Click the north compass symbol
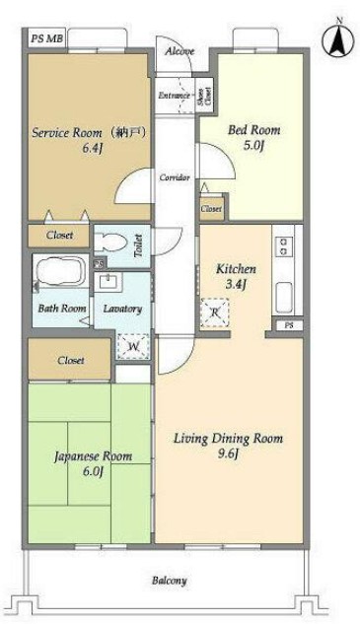[x=335, y=39]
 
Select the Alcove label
[x=180, y=51]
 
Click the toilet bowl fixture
[x=111, y=243]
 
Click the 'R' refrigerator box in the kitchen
[x=215, y=313]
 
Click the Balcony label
[x=170, y=581]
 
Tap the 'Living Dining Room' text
[x=229, y=438]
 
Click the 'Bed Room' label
[x=254, y=129]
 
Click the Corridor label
[x=175, y=177]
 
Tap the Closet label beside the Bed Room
[x=211, y=209]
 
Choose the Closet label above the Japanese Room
[x=70, y=360]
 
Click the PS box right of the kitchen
[x=288, y=324]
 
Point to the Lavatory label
[x=124, y=309]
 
